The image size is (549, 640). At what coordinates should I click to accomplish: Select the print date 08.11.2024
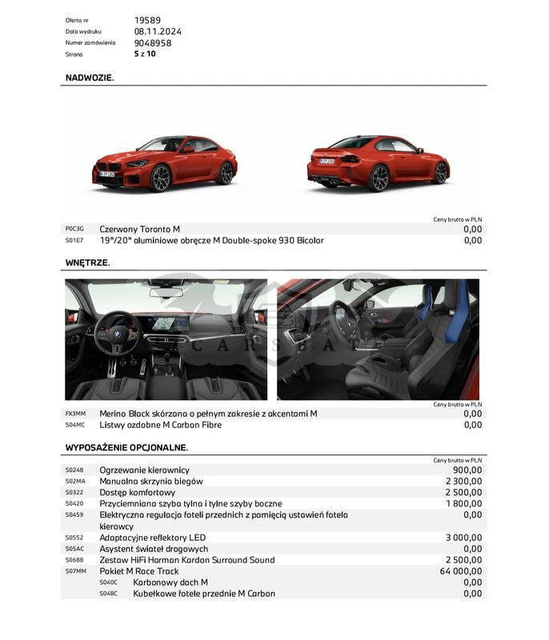coord(158,32)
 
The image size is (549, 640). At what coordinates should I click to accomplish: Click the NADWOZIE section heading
coord(90,78)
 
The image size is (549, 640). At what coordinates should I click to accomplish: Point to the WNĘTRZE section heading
coord(87,262)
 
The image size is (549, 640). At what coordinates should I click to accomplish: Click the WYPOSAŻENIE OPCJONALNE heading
coord(126,447)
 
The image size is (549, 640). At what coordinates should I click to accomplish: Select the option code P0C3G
coord(74,229)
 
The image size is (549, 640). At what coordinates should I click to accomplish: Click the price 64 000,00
coord(461,571)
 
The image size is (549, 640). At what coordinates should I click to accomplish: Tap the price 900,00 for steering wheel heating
coord(467,470)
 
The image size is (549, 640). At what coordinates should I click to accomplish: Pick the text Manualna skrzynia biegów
coord(151,482)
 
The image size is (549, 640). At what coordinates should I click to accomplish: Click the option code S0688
coord(74,560)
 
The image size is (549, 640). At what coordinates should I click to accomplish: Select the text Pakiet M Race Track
coord(139,571)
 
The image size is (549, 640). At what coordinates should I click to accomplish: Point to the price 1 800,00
coord(464,504)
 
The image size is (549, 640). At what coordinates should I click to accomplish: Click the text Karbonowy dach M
coord(170,582)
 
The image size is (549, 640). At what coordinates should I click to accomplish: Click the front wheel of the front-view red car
coord(161,178)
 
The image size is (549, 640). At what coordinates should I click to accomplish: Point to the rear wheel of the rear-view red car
coord(379,178)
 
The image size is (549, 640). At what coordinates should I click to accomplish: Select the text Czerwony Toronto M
coord(140,229)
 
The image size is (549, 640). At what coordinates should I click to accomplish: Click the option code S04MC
coord(75,425)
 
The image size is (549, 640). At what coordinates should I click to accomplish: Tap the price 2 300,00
coord(464,482)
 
